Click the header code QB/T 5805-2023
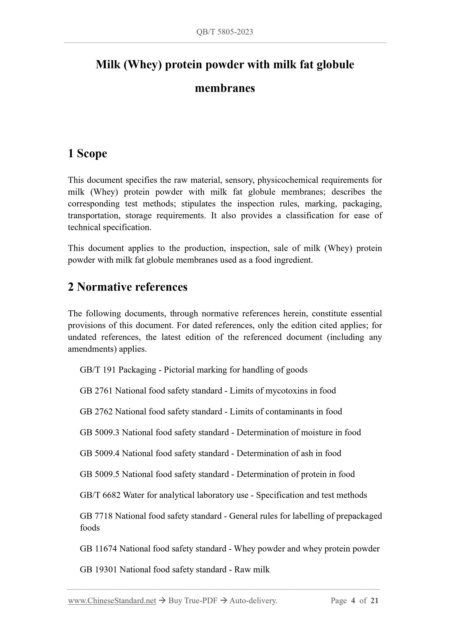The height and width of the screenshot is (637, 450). click(225, 32)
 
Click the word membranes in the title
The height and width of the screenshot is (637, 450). click(225, 88)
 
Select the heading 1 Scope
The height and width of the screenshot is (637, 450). click(87, 153)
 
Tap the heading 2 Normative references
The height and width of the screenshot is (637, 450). click(128, 287)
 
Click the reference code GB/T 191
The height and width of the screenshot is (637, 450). click(98, 370)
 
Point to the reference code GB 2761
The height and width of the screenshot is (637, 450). click(96, 391)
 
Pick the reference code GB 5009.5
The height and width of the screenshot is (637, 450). click(99, 474)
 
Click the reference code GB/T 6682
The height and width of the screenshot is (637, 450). click(100, 495)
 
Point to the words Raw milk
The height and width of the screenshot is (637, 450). click(252, 570)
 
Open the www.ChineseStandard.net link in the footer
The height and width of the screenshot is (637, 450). click(112, 601)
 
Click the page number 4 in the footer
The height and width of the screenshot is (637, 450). click(353, 601)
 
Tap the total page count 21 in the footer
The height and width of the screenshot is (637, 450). click(374, 601)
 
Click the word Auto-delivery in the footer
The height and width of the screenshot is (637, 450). click(253, 601)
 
